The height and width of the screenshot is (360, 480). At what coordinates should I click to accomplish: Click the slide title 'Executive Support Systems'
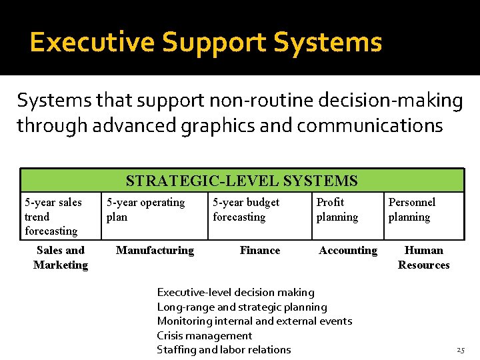point(205,43)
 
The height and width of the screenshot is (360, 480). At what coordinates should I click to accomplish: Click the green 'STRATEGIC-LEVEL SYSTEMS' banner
point(242,181)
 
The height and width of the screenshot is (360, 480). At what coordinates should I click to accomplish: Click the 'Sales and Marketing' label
point(61,257)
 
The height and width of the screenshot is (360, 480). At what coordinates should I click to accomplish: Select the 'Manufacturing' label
point(155,251)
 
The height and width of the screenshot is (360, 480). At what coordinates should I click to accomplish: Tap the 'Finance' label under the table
point(260,251)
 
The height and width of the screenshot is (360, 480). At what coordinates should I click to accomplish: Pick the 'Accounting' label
point(348,251)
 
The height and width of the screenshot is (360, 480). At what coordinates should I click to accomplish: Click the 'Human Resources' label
point(424,257)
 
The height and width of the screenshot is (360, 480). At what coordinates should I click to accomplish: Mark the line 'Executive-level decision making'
point(235,292)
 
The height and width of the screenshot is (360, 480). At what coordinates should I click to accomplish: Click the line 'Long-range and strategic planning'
point(242,307)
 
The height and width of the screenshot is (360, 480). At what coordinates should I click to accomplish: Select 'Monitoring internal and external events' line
point(254,321)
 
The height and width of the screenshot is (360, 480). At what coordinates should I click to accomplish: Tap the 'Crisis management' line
point(204,335)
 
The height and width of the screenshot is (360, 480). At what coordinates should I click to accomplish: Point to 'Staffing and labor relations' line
point(223,349)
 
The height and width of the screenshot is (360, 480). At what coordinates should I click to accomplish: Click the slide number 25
point(460,350)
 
